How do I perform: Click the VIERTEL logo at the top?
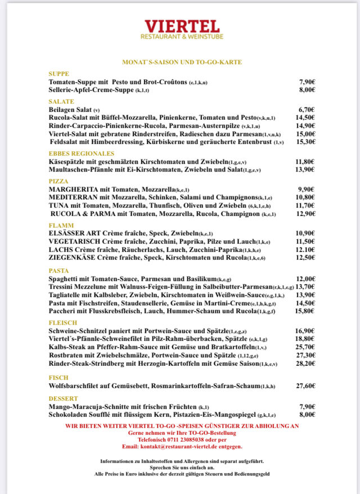coord(182,27)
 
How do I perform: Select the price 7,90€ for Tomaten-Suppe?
coord(307,82)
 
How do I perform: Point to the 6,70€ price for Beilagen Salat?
coord(307,110)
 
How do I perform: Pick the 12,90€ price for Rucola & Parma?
coord(306,214)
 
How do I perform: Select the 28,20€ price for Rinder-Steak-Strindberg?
coord(305,363)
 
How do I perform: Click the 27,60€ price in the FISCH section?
coord(305,386)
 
